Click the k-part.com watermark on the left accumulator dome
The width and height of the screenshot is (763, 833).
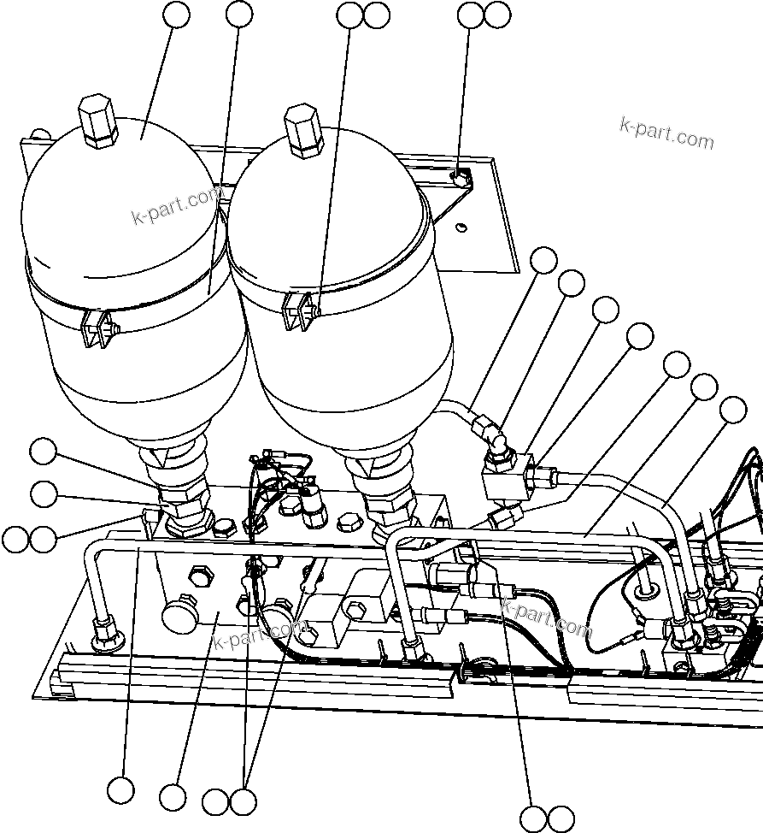click(176, 206)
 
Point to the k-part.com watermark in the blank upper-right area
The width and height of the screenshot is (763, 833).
click(666, 133)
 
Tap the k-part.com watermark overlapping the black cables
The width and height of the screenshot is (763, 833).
click(546, 618)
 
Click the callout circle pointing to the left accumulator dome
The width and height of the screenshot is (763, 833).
click(178, 15)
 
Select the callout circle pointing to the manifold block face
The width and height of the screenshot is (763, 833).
click(174, 797)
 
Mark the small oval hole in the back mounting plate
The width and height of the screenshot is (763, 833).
click(461, 227)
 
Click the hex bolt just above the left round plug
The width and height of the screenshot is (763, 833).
click(198, 577)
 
